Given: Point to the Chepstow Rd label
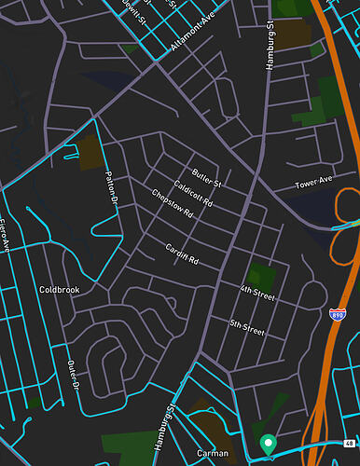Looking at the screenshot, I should coord(172,204).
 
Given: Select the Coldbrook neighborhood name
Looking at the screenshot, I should coord(60,290).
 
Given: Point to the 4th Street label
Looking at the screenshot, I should coord(257,295).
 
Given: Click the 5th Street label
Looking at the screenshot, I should coord(247,327).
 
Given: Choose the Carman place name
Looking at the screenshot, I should coord(213,453).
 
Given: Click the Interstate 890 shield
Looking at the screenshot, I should coord(338,317).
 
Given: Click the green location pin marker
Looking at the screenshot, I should coord(268,445).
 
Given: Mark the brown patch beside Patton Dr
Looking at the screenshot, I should coord(89,153).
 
